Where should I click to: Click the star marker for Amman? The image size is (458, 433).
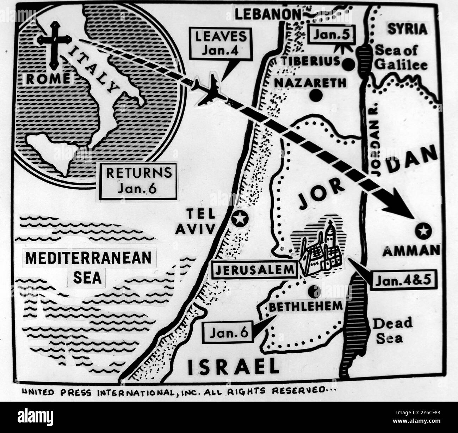423,231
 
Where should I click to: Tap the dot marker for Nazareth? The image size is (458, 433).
316,95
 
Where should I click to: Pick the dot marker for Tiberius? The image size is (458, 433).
348,64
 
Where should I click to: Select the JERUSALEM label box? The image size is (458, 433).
255,270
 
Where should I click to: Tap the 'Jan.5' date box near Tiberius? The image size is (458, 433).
330,35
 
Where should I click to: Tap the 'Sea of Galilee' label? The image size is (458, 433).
401,57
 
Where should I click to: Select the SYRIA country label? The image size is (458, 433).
407,29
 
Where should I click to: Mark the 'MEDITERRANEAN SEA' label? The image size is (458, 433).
88,267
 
